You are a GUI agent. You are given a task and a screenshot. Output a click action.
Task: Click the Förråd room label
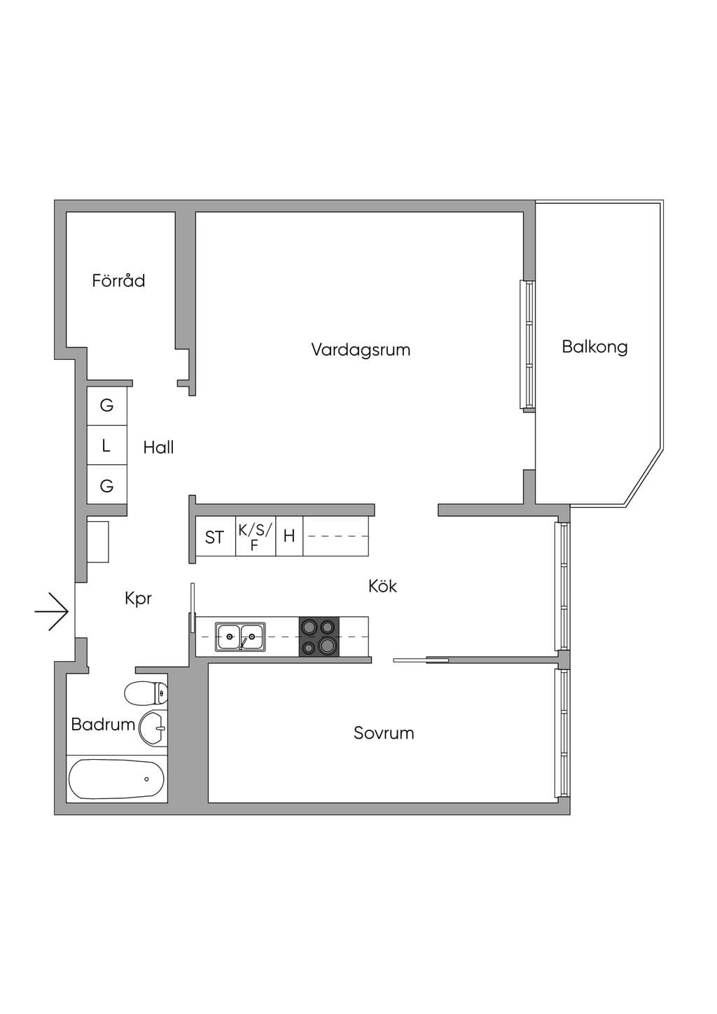pos(118,281)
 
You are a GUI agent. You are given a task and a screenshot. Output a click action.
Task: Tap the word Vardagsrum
pos(361,349)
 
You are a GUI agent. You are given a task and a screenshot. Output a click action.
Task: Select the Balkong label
pos(594,347)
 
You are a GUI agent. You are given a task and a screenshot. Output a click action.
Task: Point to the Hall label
pos(158,447)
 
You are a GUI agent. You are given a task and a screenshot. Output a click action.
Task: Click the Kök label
pos(382,586)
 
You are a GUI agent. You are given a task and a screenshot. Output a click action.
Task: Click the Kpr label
pos(138,599)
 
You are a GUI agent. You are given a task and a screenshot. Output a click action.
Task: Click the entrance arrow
pos(52,611)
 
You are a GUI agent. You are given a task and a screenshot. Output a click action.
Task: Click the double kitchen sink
pos(240,637)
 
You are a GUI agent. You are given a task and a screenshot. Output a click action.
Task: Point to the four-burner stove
pos(319,637)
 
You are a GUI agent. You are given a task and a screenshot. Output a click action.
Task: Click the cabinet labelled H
pos(289,536)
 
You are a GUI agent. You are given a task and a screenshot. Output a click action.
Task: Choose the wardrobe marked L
pos(107,445)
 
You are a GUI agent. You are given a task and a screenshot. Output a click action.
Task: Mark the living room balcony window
pos(527,347)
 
